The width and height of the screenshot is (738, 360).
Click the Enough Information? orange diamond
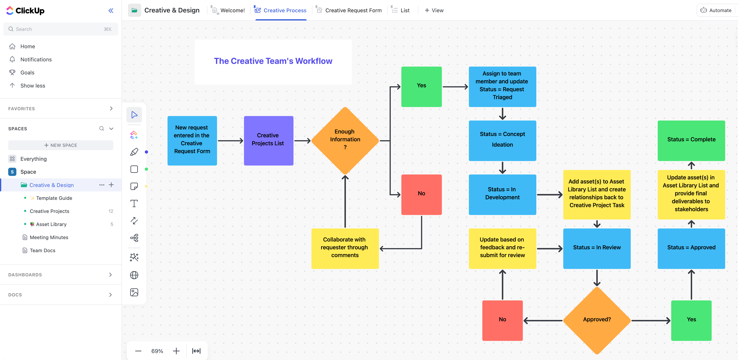click(345, 140)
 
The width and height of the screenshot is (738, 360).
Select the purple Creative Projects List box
click(268, 140)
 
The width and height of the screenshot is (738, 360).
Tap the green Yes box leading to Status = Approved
click(691, 320)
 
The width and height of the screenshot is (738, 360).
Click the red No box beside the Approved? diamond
click(502, 320)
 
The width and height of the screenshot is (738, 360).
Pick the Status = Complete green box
click(691, 140)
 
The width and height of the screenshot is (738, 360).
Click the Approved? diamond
click(597, 320)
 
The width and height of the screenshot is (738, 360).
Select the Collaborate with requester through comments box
click(345, 248)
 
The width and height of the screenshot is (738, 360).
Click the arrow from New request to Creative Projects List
click(230, 141)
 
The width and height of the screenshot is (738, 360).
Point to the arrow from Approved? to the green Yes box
click(650, 321)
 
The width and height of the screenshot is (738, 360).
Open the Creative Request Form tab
click(353, 10)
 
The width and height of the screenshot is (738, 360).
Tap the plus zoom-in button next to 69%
click(176, 351)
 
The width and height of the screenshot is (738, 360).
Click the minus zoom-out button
click(138, 351)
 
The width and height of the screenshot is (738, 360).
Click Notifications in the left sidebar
click(36, 59)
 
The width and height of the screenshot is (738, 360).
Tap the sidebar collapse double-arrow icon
click(111, 11)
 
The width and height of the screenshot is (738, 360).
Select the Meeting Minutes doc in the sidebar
click(49, 237)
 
